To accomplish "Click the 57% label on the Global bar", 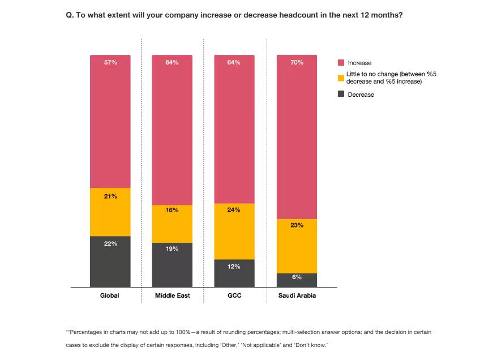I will [110, 62].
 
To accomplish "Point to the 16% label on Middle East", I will [172, 210].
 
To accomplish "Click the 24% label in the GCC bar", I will [234, 209].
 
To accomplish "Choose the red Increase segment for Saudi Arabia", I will [297, 136].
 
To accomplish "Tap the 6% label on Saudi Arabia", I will [297, 277].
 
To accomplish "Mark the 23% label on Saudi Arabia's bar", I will [297, 225].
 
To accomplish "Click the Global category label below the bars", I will [110, 295].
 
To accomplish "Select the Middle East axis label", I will [172, 295].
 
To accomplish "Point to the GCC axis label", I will [234, 295].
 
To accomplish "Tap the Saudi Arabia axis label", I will [297, 295].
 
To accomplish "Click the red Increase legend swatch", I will [341, 62].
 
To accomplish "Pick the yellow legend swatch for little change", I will [341, 78].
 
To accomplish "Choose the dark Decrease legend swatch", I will [341, 94].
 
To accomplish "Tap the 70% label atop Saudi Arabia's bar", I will [297, 62].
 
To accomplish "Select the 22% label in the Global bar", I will [110, 243].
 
